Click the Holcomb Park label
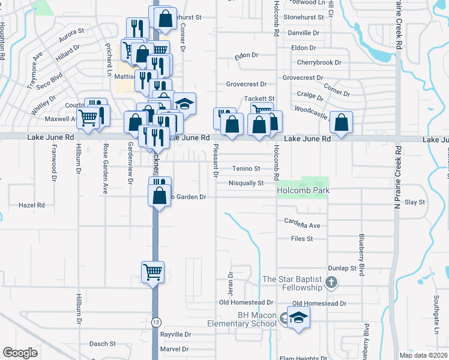(x=303, y=191)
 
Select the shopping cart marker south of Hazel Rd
(x=152, y=272)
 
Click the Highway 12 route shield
(x=156, y=322)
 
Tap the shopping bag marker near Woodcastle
(x=341, y=124)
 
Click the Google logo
(x=20, y=353)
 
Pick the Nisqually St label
(x=246, y=183)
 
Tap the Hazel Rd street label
(x=32, y=205)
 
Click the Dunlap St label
(x=342, y=268)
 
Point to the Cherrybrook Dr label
(x=319, y=62)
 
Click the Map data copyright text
(x=424, y=355)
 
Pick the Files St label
(x=302, y=239)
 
